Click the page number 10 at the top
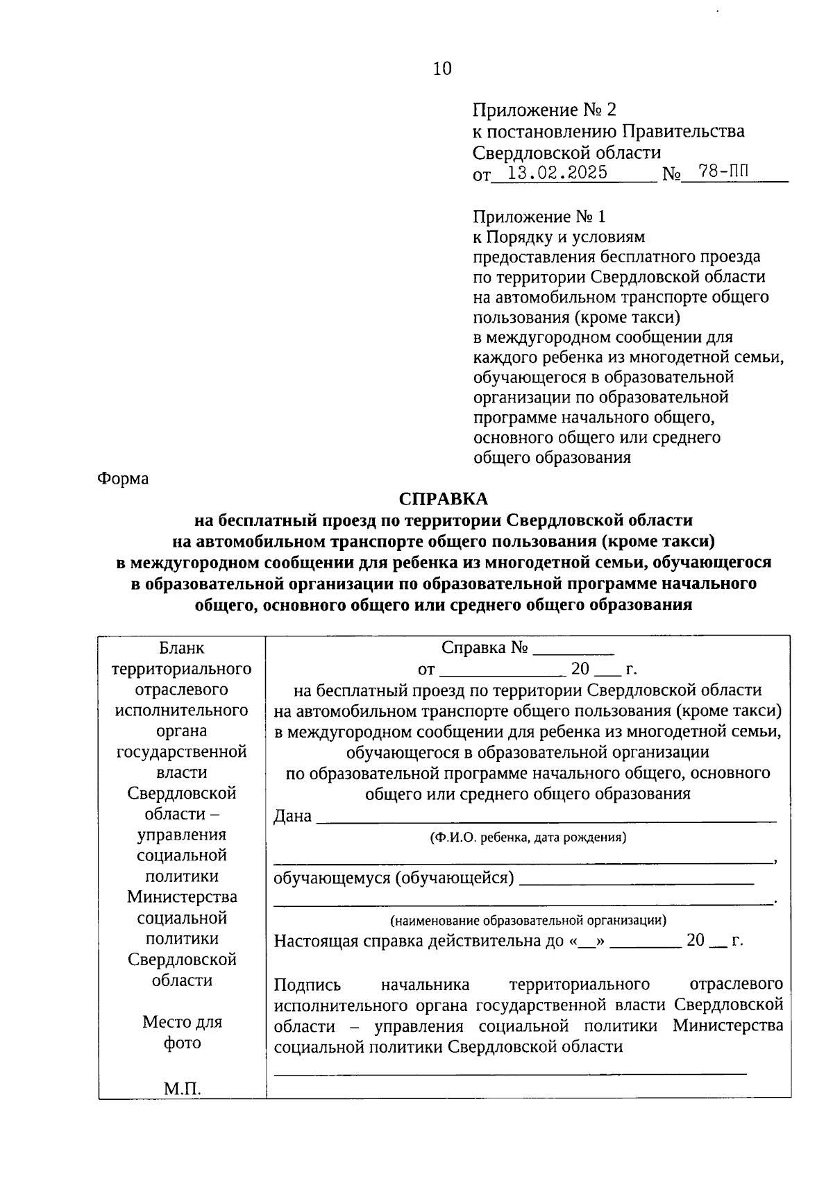point(441,69)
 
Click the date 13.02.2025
point(557,173)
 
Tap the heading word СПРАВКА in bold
point(443,499)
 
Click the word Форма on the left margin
point(123,479)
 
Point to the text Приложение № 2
point(544,110)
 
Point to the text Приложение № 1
point(539,216)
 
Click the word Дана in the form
point(292,816)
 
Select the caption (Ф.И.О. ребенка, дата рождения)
point(528,838)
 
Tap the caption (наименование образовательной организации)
point(528,921)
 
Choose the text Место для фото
point(183,1032)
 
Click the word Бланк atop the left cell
point(182,648)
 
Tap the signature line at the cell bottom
point(510,1073)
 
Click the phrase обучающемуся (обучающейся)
point(394,878)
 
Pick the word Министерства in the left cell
point(182,897)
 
